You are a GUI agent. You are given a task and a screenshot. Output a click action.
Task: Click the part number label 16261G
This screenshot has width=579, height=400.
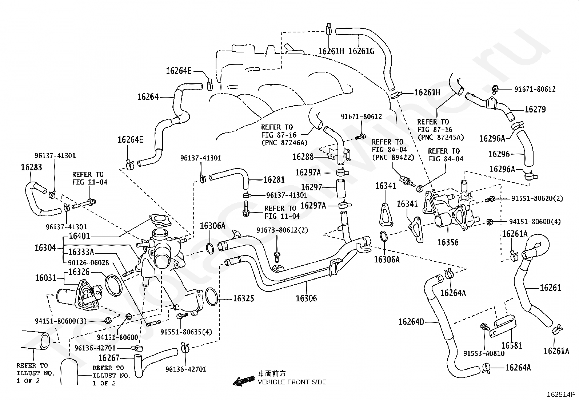[361, 51]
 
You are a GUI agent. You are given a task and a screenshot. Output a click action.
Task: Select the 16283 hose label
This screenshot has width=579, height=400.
[31, 167]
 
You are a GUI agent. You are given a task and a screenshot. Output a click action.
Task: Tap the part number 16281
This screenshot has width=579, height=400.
[274, 180]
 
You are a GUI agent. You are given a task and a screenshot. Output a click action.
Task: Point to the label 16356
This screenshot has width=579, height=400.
[448, 242]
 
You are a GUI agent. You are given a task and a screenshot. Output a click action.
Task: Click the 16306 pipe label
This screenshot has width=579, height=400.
[306, 298]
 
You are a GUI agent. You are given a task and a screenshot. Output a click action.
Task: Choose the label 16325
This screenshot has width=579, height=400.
[243, 299]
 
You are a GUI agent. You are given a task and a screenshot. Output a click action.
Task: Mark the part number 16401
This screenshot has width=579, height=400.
[79, 237]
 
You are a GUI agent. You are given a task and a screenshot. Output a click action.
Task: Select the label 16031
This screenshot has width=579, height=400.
[45, 278]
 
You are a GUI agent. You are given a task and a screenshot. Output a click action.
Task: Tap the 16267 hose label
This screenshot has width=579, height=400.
[109, 359]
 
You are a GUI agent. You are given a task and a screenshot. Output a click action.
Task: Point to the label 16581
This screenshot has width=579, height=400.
[512, 345]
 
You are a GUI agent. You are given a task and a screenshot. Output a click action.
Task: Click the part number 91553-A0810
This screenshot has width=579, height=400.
[484, 353]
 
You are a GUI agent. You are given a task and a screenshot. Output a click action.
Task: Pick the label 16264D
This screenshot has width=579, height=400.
[411, 322]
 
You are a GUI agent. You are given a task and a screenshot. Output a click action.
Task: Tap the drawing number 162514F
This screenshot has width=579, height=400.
[559, 394]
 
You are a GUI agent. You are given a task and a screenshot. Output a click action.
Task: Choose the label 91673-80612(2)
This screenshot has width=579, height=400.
[282, 230]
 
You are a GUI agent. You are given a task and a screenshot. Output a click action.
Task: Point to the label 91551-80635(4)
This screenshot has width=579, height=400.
[186, 332]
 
